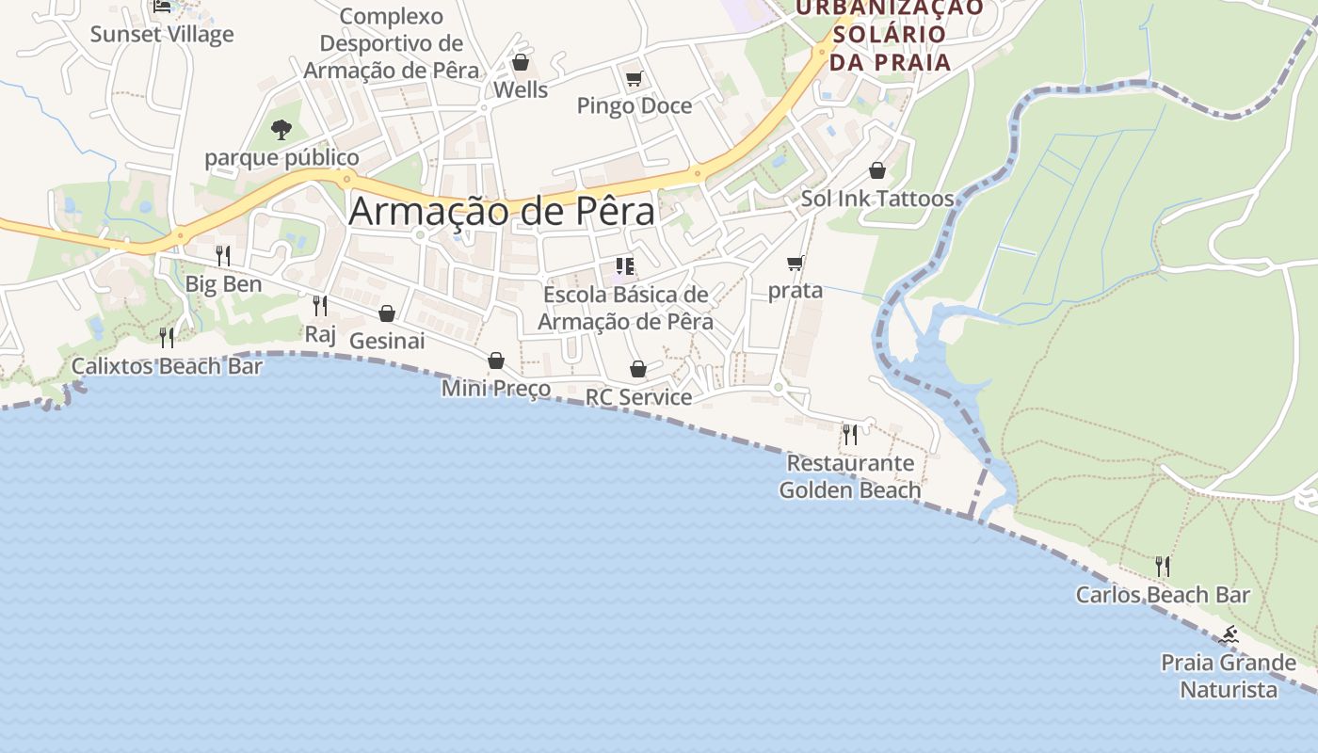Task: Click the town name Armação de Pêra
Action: pyautogui.click(x=501, y=211)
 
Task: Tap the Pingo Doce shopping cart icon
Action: pyautogui.click(x=634, y=78)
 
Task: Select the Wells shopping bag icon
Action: pyautogui.click(x=521, y=62)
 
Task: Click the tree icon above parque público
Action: pyautogui.click(x=281, y=129)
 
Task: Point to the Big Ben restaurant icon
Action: pyautogui.click(x=223, y=255)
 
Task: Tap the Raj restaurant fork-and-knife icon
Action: pyautogui.click(x=320, y=305)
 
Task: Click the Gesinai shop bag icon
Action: pyautogui.click(x=387, y=313)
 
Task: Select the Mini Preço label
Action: pyautogui.click(x=496, y=388)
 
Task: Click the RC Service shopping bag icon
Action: pyautogui.click(x=638, y=369)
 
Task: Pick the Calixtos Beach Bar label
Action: pyautogui.click(x=167, y=366)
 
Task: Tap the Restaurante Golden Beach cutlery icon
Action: pyautogui.click(x=850, y=434)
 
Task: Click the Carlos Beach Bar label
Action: pyautogui.click(x=1163, y=595)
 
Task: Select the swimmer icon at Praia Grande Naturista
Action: pyautogui.click(x=1229, y=635)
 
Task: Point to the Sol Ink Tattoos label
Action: pyautogui.click(x=877, y=199)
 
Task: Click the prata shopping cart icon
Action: pyautogui.click(x=796, y=263)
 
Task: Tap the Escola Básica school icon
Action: pyautogui.click(x=625, y=266)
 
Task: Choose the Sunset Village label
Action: pyautogui.click(x=162, y=35)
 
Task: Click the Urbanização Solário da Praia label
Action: pyautogui.click(x=890, y=35)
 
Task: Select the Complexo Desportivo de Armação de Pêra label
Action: pyautogui.click(x=391, y=43)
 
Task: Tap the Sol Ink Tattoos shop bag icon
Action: pyautogui.click(x=877, y=170)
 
